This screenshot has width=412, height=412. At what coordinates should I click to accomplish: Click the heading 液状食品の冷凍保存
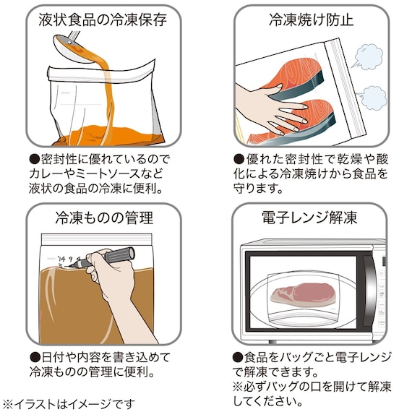click(103, 20)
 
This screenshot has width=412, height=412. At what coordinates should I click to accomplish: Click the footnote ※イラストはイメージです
click(68, 403)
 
